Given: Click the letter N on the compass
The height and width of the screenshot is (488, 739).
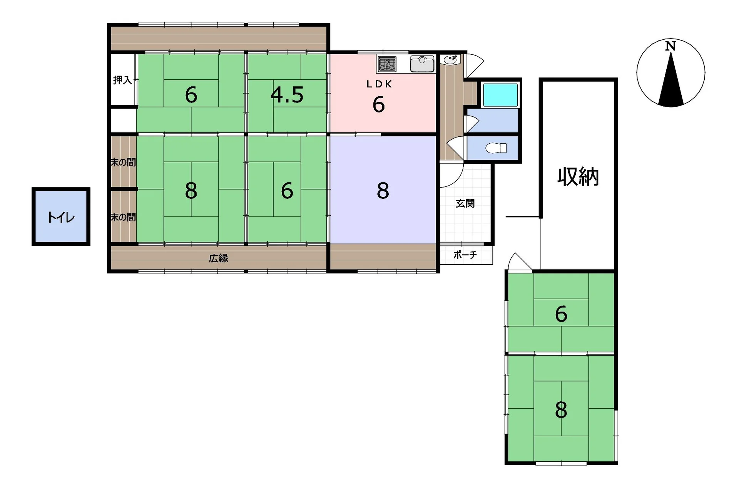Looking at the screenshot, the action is click(x=670, y=46).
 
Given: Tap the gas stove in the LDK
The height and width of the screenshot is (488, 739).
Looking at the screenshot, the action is click(x=387, y=64).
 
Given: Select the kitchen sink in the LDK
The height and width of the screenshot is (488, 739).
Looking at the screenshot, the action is click(x=422, y=64).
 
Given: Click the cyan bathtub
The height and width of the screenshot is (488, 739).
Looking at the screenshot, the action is click(x=500, y=95).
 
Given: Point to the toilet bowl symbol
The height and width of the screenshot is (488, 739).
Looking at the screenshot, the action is click(x=496, y=148).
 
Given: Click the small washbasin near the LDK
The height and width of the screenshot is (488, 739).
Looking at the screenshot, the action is click(x=450, y=60).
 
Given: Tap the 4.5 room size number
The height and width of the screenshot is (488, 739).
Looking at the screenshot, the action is click(x=287, y=95).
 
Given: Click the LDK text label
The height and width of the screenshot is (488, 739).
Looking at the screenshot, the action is click(x=379, y=84).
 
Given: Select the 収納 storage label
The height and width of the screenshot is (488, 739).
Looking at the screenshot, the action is click(x=578, y=177).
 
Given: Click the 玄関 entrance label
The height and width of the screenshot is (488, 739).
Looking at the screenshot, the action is click(x=465, y=203).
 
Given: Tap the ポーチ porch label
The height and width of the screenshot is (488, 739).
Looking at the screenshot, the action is click(x=465, y=255).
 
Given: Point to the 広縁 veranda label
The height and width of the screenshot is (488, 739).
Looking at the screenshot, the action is click(x=219, y=258).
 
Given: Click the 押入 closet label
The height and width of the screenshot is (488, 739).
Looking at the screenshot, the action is click(x=122, y=80).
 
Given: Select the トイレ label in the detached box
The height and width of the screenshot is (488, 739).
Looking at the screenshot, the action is click(x=61, y=218).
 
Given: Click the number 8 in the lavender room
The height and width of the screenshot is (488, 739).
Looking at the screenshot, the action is click(x=383, y=191).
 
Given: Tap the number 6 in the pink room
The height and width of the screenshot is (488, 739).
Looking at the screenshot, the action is click(x=379, y=104).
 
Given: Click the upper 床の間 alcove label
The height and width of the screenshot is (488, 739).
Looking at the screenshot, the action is click(x=123, y=163).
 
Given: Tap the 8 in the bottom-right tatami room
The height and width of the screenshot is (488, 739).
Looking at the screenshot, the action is click(x=561, y=410).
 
